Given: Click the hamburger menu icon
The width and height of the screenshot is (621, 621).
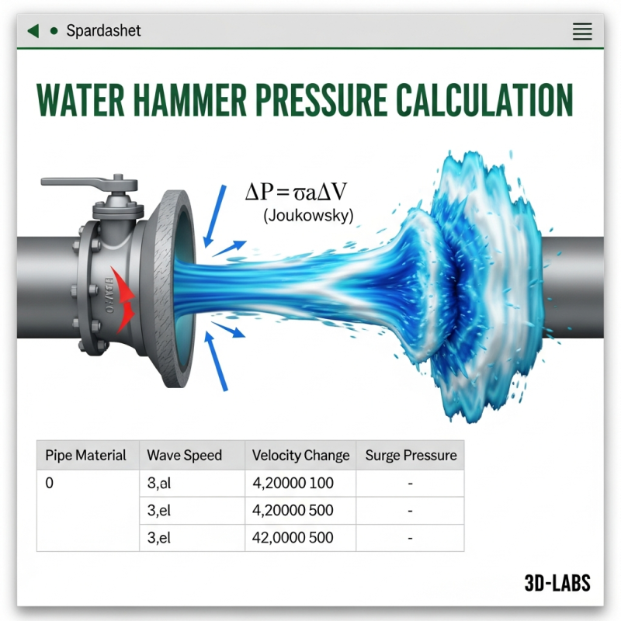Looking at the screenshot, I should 581,32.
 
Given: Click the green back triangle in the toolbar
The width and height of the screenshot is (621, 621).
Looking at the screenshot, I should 33,31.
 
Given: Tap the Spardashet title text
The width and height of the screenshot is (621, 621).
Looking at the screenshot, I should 103,32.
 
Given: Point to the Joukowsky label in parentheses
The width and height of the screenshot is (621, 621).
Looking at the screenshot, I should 308,217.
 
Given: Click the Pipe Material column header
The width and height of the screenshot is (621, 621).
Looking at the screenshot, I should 85,456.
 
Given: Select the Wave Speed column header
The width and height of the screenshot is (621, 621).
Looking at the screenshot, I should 185,456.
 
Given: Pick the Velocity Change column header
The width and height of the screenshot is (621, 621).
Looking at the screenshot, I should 301,456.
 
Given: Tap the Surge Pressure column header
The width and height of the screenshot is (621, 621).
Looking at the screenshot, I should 411,456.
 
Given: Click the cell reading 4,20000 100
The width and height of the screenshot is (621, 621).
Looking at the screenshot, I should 293,484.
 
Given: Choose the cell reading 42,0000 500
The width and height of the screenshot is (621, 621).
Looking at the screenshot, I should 293,538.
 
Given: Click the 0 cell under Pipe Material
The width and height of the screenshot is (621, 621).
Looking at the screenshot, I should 50,484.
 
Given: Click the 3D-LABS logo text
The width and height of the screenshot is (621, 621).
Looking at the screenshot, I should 557,583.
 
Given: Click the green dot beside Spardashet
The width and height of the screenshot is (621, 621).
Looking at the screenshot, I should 54,32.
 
